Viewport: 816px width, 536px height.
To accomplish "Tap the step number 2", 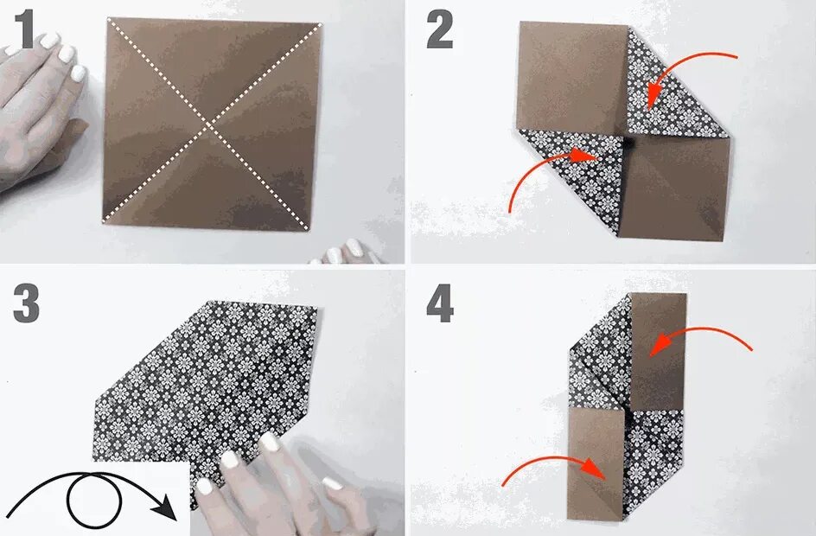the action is [440, 29].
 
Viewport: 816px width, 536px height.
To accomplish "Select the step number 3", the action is [26, 304].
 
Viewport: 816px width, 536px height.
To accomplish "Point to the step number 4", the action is [440, 304].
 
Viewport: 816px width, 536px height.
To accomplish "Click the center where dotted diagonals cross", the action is [208, 126].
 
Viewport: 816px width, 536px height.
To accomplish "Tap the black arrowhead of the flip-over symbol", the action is [166, 507].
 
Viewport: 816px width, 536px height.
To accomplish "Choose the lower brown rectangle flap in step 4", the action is [596, 463].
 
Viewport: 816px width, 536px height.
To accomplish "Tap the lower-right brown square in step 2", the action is [675, 188].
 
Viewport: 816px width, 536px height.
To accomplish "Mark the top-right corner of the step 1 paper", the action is [321, 24].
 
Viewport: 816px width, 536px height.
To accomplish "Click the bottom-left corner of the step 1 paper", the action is [104, 221].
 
